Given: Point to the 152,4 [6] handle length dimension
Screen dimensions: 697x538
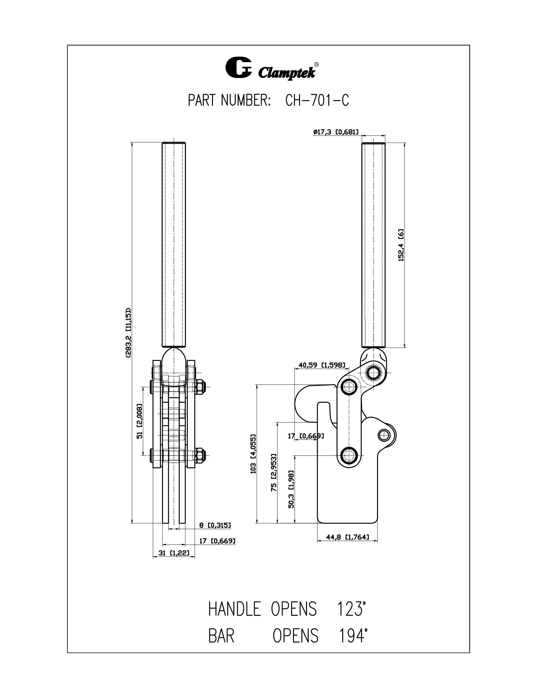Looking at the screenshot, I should click(401, 245).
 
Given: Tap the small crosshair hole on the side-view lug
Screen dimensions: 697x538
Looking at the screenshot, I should click(384, 435).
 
